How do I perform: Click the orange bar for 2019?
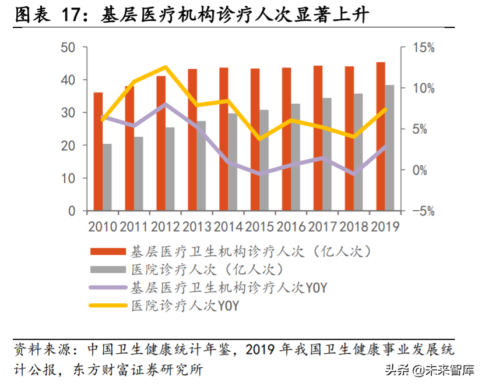point(380,136)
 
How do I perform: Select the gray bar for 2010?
point(107,177)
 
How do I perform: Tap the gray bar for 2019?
point(389,148)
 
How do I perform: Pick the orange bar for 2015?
point(255,140)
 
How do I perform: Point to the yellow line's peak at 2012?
point(166,68)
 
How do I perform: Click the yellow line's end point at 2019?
point(385,109)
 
